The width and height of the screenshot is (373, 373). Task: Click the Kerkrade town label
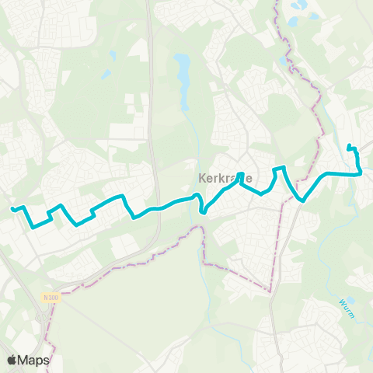(x=219, y=178)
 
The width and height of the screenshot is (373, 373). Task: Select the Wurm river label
(x=347, y=304)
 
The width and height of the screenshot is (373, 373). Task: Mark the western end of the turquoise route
(x=12, y=208)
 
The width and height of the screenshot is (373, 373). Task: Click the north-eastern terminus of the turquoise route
(x=349, y=147)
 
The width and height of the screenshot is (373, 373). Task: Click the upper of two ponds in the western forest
(x=113, y=57)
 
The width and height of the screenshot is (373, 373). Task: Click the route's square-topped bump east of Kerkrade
(x=281, y=167)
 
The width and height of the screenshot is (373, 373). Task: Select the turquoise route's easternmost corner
(x=361, y=174)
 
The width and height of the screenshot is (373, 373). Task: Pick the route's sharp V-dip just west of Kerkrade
(x=202, y=211)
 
